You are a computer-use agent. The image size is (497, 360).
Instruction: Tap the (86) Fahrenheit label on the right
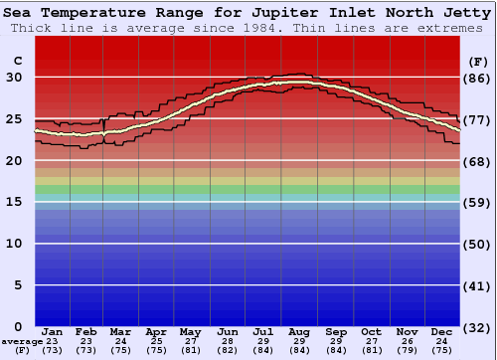[477, 78]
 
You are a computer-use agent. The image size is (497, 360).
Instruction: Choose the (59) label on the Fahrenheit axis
[477, 202]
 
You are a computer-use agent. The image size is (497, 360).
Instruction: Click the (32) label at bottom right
[477, 327]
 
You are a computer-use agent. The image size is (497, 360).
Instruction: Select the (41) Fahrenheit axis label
[477, 285]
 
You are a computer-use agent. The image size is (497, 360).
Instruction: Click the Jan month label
[53, 331]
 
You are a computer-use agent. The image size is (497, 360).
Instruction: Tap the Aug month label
[300, 331]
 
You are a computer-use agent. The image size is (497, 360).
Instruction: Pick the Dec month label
[442, 331]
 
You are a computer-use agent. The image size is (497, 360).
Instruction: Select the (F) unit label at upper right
[477, 61]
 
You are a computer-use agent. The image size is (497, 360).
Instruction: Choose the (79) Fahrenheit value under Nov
[407, 350]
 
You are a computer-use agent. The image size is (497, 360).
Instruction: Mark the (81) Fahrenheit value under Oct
[371, 350]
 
